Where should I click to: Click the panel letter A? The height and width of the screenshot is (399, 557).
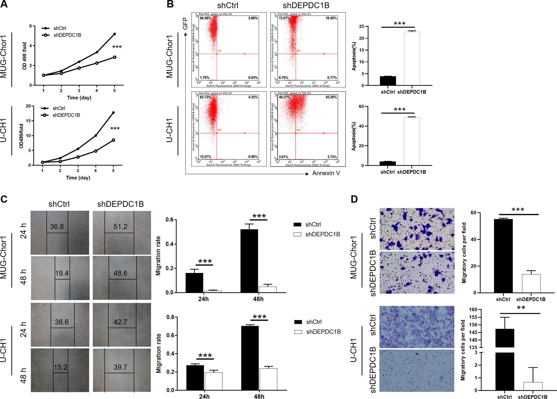point(4,5)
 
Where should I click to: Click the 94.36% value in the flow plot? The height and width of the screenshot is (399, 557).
point(205,18)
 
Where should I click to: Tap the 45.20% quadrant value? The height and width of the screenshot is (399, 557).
point(331,97)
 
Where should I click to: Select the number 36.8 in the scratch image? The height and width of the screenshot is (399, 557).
point(57,227)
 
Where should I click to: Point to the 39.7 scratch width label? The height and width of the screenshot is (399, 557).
point(120,367)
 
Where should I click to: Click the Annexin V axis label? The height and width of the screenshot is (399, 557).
point(326,173)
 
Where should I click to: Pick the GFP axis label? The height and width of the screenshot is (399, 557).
point(185,24)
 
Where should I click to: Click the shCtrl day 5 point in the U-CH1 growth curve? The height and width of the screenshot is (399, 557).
point(113,113)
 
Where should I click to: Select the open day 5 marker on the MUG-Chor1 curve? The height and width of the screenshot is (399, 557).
point(115,57)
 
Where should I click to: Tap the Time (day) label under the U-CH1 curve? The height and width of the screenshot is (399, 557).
point(78,178)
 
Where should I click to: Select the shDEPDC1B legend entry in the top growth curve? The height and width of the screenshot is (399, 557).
point(67,35)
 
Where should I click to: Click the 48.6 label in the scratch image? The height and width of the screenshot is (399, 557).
point(120,273)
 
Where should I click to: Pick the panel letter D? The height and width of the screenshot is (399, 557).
point(354,199)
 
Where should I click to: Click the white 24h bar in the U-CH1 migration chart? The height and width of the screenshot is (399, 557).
point(213,381)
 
